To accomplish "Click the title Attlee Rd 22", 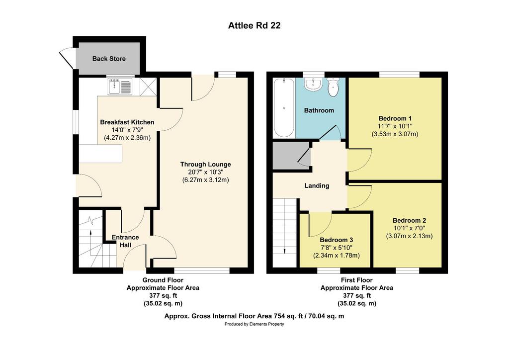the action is point(254,25).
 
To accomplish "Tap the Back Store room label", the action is point(109,59).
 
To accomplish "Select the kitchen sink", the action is point(120,87).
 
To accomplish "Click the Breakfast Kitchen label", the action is point(127,122).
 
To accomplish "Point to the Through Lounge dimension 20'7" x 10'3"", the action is point(205,172).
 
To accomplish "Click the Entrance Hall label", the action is point(125,241).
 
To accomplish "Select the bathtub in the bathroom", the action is point(284,108).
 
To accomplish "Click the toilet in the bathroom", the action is point(333,88).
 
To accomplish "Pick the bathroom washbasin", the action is point(313,84).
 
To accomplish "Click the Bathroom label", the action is point(319,110).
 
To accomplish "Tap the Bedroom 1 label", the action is point(395,118).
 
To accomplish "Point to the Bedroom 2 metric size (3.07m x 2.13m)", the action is point(409,236).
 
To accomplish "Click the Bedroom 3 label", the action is point(337,240).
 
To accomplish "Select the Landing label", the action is point(317,185).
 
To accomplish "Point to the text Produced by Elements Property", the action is point(254,324).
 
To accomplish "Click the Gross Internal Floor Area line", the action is point(254,316).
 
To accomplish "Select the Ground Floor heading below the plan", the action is point(163,280).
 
